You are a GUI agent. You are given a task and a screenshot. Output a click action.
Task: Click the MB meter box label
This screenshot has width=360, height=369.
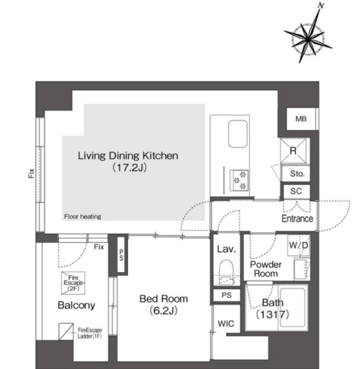[x=301, y=119]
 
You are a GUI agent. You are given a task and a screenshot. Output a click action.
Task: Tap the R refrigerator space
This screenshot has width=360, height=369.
[x=293, y=151]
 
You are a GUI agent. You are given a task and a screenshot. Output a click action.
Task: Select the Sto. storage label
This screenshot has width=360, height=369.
[x=297, y=173]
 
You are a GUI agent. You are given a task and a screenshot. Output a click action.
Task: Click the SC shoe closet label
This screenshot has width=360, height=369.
[x=296, y=191]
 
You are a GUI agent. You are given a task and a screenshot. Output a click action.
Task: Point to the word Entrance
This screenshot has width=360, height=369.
[x=297, y=218]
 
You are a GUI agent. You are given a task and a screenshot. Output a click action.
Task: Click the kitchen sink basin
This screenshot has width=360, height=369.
[x=238, y=134]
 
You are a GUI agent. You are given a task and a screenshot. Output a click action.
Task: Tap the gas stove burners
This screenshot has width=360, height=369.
[x=240, y=180]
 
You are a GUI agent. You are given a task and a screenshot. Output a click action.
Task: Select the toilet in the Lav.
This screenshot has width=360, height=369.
[x=226, y=272]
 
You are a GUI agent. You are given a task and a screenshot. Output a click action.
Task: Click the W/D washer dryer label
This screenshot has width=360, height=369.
[x=299, y=245]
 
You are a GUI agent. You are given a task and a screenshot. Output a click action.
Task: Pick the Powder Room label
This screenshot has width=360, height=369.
[x=266, y=269]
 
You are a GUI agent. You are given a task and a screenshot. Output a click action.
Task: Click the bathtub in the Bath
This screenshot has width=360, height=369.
[x=293, y=307]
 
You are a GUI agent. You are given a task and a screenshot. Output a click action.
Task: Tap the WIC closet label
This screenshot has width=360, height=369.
[x=225, y=323]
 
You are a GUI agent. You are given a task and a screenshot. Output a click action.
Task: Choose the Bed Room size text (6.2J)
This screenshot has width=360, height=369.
[x=163, y=311]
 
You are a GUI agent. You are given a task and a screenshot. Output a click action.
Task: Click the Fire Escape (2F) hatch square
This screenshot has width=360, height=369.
[x=73, y=283]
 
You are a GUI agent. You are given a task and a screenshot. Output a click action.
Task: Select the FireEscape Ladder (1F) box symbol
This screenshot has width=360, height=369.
[x=66, y=331]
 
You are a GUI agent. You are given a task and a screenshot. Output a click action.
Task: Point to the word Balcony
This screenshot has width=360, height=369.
[x=76, y=305]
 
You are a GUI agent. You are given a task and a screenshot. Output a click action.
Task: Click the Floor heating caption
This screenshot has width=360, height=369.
[x=82, y=216]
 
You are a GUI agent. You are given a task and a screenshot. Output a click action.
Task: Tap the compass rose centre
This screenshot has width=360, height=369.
[x=308, y=39]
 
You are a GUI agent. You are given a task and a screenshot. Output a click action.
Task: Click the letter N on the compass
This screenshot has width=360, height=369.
[x=321, y=5]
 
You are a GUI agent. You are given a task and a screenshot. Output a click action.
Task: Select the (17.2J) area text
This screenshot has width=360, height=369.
[x=130, y=167]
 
